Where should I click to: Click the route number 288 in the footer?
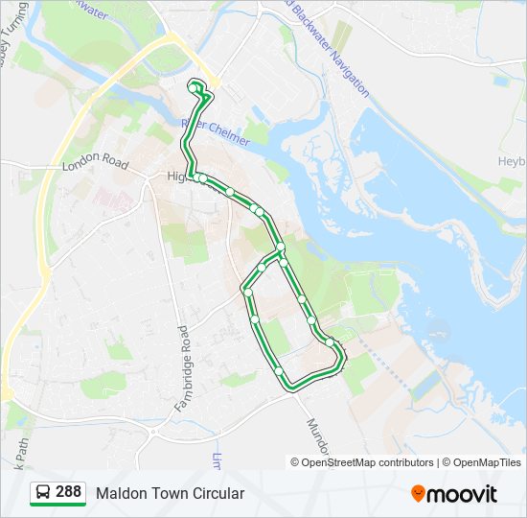coord(68,492)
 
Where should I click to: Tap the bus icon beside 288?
coord(43,493)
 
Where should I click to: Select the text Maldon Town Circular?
coord(170,493)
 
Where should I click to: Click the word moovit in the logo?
coord(462,494)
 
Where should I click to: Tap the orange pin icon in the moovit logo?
coord(418,494)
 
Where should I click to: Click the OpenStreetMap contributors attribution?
coord(367,462)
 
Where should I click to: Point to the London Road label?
coord(95,165)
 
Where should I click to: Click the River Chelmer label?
coord(215,132)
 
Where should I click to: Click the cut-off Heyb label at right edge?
coord(512,161)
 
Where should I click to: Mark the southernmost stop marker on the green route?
coord(279,370)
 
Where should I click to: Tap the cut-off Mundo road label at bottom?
coord(318,436)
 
